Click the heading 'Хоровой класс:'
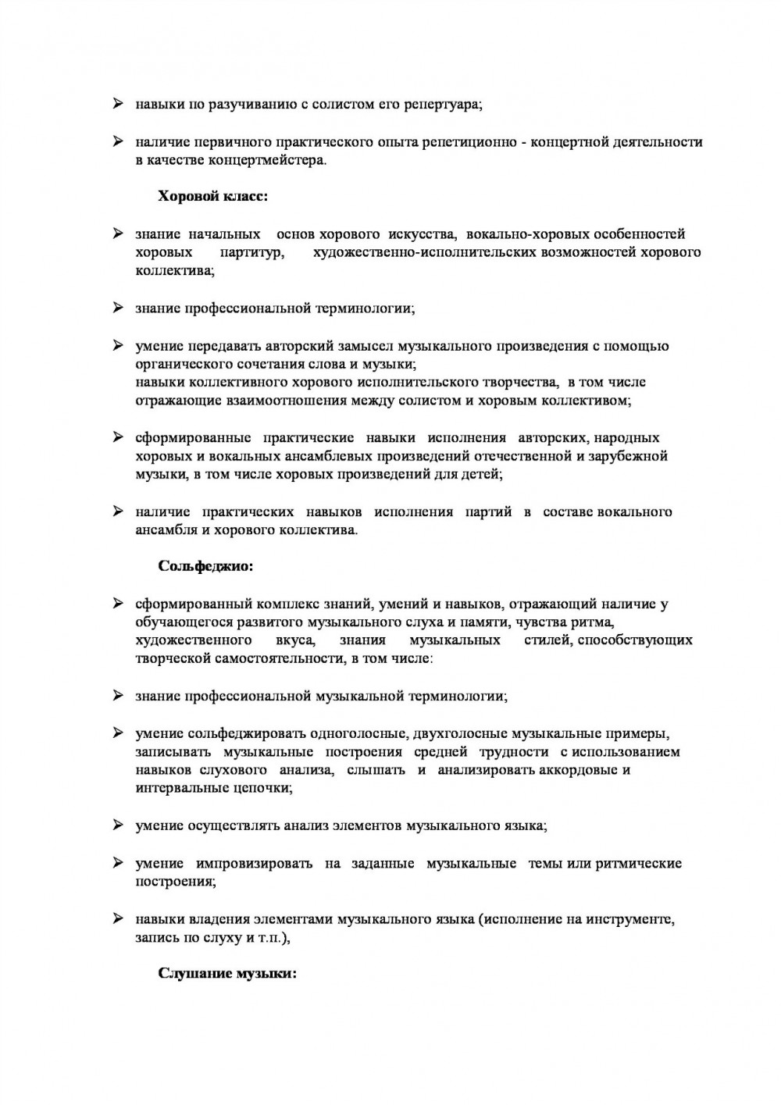212,197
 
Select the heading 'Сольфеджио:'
205,566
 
